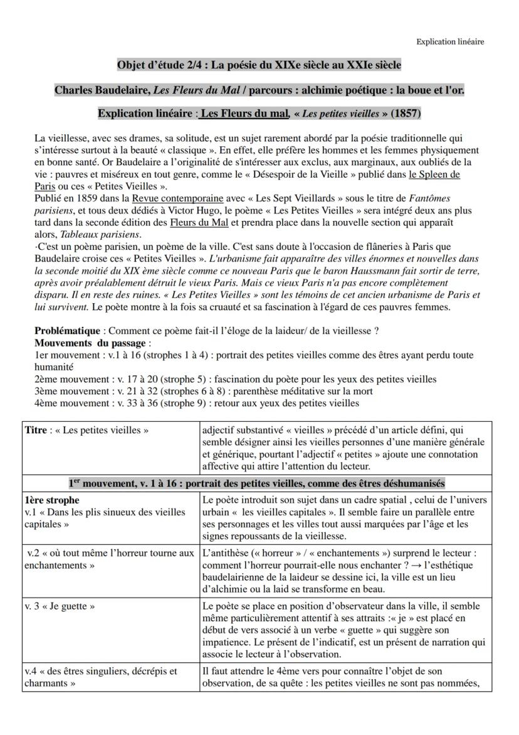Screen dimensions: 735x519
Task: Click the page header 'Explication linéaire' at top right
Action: click(x=450, y=42)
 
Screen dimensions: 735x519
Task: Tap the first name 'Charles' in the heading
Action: click(x=74, y=90)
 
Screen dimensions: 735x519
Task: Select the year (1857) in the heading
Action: click(x=406, y=114)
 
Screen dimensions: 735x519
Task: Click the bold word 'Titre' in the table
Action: click(x=36, y=431)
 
